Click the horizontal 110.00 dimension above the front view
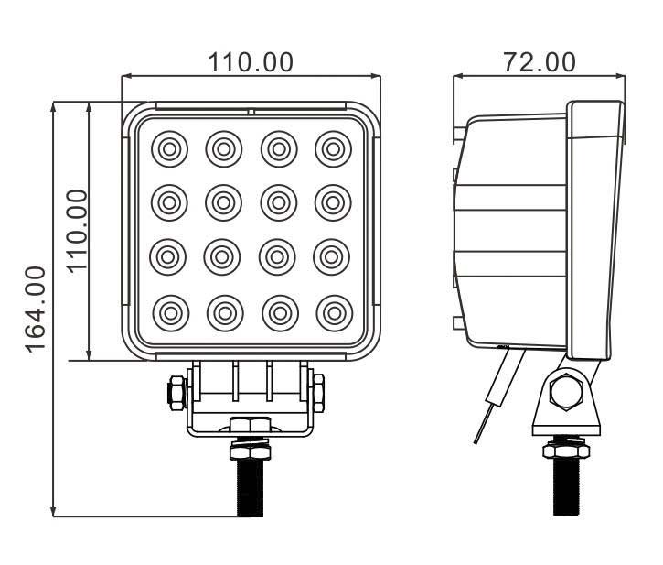pyautogui.click(x=251, y=61)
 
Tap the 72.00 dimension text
pyautogui.click(x=540, y=61)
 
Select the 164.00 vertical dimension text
pyautogui.click(x=36, y=309)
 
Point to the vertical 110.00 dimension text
pyautogui.click(x=77, y=230)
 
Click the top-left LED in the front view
pyautogui.click(x=170, y=147)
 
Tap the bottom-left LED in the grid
pyautogui.click(x=170, y=312)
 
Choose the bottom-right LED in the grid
pyautogui.click(x=334, y=312)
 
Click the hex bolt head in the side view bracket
pyautogui.click(x=566, y=392)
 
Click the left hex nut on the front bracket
pyautogui.click(x=174, y=393)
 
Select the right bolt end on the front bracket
pyautogui.click(x=318, y=393)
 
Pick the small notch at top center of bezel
pyautogui.click(x=251, y=112)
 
